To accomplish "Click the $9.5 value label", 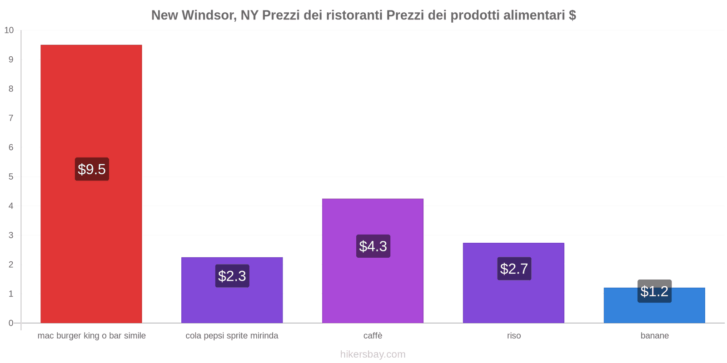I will (92, 169).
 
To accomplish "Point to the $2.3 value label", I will (232, 276).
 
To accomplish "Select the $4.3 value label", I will (373, 246).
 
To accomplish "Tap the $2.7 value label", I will (514, 269).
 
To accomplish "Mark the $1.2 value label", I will (654, 291).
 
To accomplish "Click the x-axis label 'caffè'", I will (373, 336).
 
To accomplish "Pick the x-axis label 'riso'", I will (514, 336).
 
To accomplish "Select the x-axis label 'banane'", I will (654, 336).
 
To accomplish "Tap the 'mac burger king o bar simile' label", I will (92, 336).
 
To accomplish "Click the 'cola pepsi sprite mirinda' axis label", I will (232, 336).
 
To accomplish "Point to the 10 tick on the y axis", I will (9, 30).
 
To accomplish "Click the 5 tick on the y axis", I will (11, 177).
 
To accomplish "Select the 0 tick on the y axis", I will (11, 323).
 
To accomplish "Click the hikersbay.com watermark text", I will (373, 354).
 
